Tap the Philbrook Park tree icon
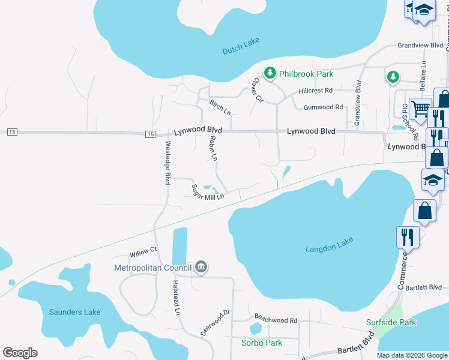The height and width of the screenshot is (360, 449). coord(270,73)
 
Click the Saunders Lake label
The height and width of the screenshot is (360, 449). coord(75,312)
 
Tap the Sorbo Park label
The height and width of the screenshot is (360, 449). coord(262,343)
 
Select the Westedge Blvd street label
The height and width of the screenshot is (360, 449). coord(168,163)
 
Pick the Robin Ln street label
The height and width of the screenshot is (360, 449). coord(212,148)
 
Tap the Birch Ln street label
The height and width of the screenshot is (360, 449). coord(220,107)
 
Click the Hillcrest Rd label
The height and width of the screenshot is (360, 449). coord(316,91)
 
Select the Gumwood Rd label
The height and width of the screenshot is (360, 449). coord(323,107)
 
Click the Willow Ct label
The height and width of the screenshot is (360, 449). coord(143,249)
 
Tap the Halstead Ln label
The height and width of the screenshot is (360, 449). coord(176,297)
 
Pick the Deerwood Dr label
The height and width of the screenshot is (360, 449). coord(215,322)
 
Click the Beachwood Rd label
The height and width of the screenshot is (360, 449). coord(276,320)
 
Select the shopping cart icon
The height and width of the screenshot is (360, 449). coord(420,108)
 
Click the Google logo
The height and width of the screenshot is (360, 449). coord(20,353)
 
